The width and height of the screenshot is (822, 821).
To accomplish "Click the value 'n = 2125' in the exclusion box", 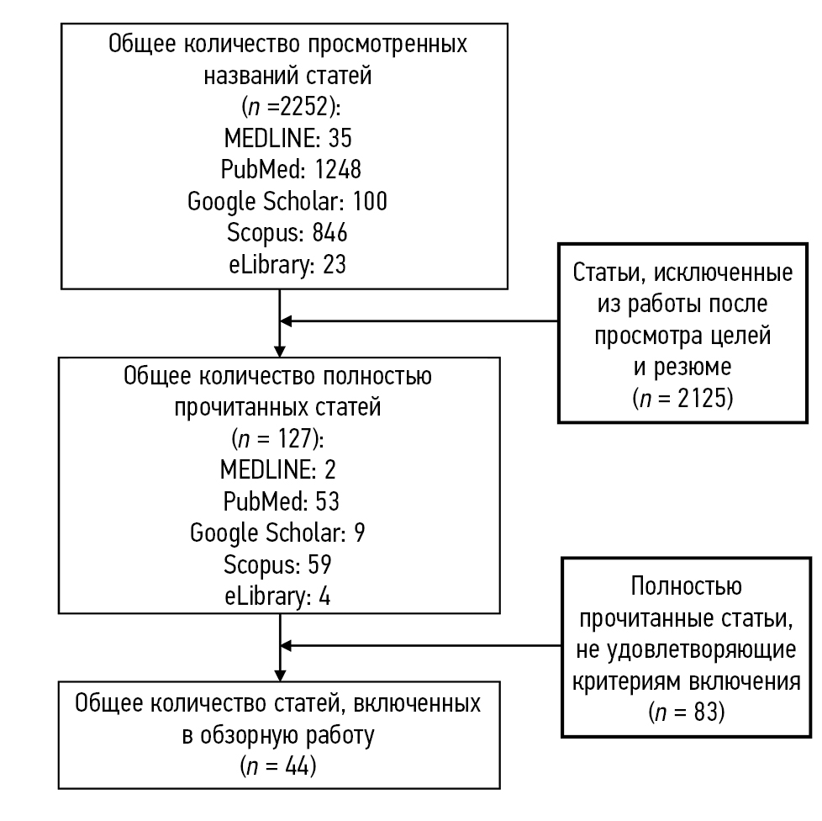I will coord(682,398).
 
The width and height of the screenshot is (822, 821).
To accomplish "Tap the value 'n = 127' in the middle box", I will coord(279,438).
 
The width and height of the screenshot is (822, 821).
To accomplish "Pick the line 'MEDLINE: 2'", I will coord(278,469).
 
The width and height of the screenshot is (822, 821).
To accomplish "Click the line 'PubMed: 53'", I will coord(278,501).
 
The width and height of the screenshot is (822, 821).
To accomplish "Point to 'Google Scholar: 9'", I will coord(278,532).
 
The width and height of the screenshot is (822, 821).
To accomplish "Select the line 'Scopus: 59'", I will coord(278,563).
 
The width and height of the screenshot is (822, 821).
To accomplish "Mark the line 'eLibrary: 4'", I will coord(278,594).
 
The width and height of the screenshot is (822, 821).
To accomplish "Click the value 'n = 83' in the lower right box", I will coord(682,713).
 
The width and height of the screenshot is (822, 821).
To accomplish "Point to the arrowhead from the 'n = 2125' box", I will coord(287,320).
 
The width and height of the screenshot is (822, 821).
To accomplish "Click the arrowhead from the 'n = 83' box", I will coord(287,646).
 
